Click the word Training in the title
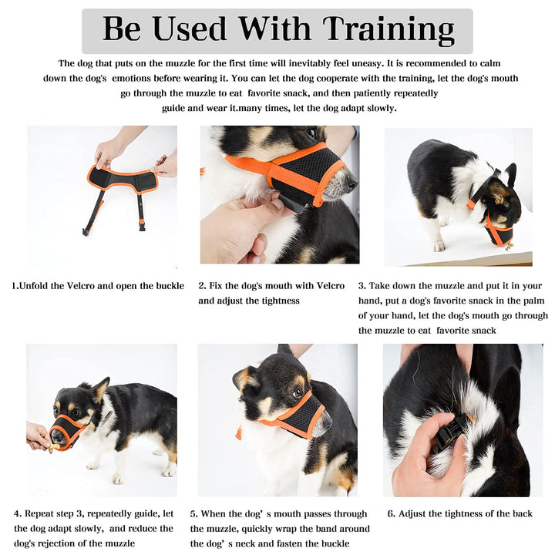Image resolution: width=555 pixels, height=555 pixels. tap(388, 30)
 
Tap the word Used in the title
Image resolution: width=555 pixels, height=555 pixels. tap(190, 29)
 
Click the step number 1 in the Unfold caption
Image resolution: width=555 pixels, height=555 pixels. tap(14, 286)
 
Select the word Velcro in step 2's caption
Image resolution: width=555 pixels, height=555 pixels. tap(330, 286)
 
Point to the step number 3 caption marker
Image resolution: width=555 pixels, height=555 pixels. tap(362, 286)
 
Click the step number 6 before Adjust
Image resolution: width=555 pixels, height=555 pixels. tap(391, 513)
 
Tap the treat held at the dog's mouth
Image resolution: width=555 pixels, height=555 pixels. tap(53, 446)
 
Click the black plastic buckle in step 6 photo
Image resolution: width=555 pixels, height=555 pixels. tap(451, 431)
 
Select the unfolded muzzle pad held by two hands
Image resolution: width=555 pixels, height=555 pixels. tap(123, 180)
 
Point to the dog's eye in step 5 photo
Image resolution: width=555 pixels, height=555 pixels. tap(297, 393)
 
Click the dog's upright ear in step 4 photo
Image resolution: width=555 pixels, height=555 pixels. tap(101, 389)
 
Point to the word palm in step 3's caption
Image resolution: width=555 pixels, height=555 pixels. tap(533, 301)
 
